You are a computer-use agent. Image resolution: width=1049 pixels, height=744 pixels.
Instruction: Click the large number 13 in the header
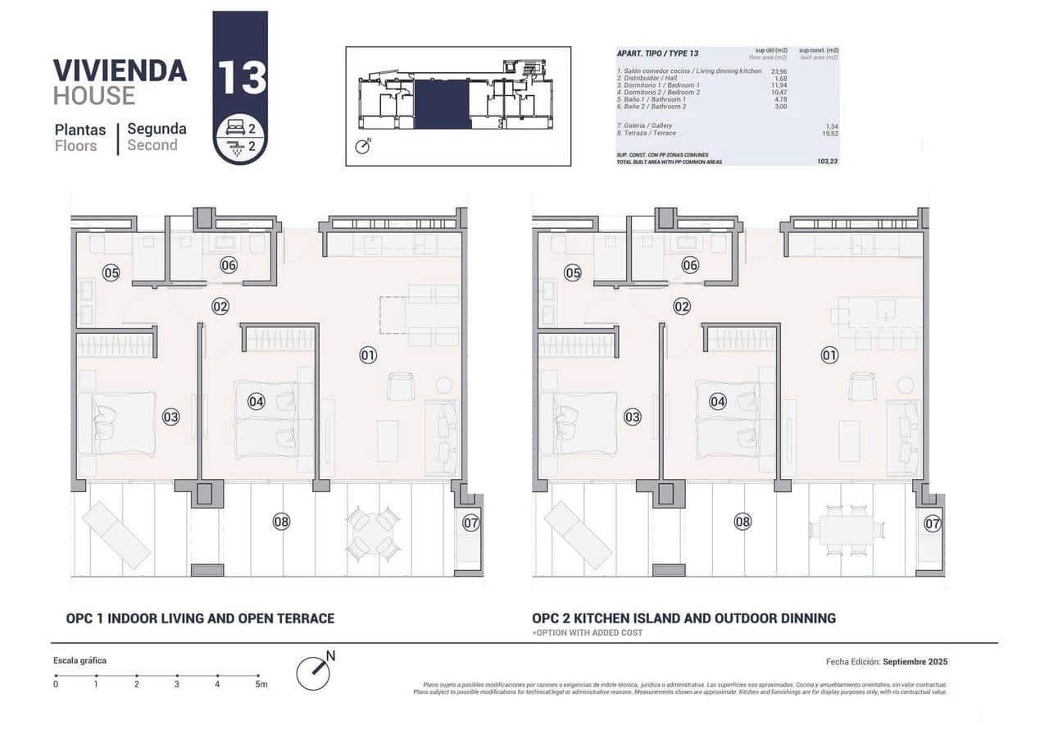(240, 77)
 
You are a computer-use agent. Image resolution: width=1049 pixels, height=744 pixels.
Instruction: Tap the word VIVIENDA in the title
(120, 71)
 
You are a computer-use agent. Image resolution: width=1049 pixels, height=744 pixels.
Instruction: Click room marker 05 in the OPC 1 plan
(111, 272)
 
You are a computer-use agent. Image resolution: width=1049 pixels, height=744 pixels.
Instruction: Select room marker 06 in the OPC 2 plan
(690, 265)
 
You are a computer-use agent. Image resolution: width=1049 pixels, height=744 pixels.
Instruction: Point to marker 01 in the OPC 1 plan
(368, 355)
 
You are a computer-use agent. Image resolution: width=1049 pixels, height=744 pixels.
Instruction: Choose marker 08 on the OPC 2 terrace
(742, 521)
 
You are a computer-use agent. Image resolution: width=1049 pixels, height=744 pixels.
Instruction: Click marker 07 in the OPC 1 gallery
(470, 522)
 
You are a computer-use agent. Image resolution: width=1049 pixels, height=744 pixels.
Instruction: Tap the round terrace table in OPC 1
(373, 532)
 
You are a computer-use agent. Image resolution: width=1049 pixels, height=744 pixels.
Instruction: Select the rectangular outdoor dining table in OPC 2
(845, 531)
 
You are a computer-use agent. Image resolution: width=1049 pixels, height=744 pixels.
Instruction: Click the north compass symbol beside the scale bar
(314, 673)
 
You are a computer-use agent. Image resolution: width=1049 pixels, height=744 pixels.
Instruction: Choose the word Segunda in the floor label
(157, 129)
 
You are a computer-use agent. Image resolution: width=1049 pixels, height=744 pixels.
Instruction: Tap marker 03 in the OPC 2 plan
(632, 417)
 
